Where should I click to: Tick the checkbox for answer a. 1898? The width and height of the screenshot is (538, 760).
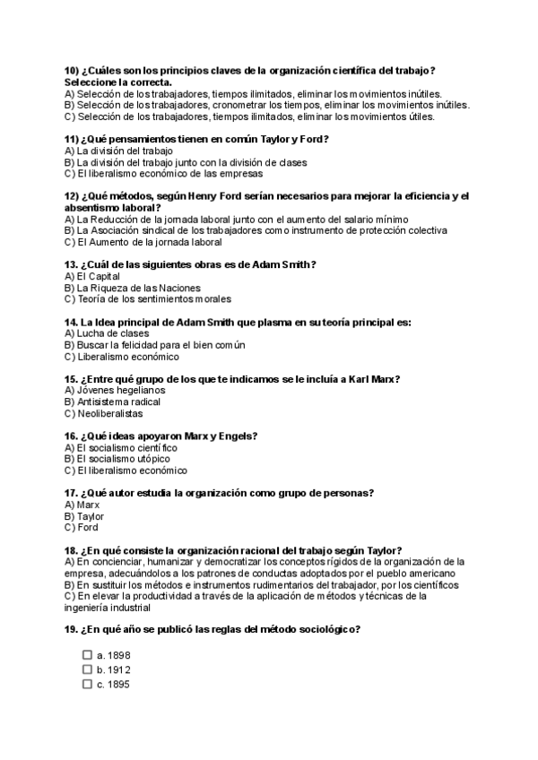pyautogui.click(x=87, y=655)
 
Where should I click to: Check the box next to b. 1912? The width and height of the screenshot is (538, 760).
pyautogui.click(x=87, y=669)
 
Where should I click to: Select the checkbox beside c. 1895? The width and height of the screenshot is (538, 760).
pyautogui.click(x=87, y=684)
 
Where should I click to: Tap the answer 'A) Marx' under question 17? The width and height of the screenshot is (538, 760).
pyautogui.click(x=82, y=505)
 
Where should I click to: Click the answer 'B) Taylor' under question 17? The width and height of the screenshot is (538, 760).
pyautogui.click(x=84, y=516)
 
